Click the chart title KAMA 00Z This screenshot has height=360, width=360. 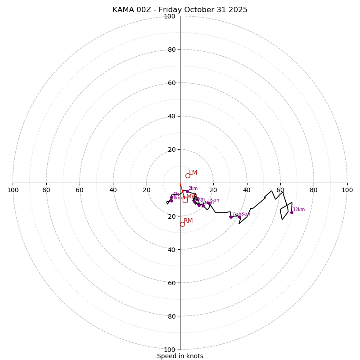tap(180, 10)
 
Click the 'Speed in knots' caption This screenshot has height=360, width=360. tap(180, 356)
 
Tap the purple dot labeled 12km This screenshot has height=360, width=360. tap(292, 212)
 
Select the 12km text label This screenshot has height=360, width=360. tap(299, 209)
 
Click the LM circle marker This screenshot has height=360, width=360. tap(188, 175)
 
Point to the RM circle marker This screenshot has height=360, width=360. tap(182, 224)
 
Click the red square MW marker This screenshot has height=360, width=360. tap(185, 200)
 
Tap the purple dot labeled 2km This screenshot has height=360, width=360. tap(187, 191)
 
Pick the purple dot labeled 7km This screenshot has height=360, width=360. tap(231, 217)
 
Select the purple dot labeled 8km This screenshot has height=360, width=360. tap(239, 217)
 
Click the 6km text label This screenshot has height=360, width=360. tap(215, 200)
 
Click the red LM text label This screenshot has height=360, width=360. tap(193, 173)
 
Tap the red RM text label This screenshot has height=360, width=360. tap(188, 221)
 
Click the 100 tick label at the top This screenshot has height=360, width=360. tap(170, 16)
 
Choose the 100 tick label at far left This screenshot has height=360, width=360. tap(13, 190)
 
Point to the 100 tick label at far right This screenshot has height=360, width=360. tap(347, 190)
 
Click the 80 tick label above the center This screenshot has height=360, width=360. tap(171, 49)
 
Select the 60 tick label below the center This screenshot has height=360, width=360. tap(171, 283)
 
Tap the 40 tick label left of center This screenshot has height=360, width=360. tap(113, 190)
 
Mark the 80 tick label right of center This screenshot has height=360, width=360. tap(313, 190)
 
